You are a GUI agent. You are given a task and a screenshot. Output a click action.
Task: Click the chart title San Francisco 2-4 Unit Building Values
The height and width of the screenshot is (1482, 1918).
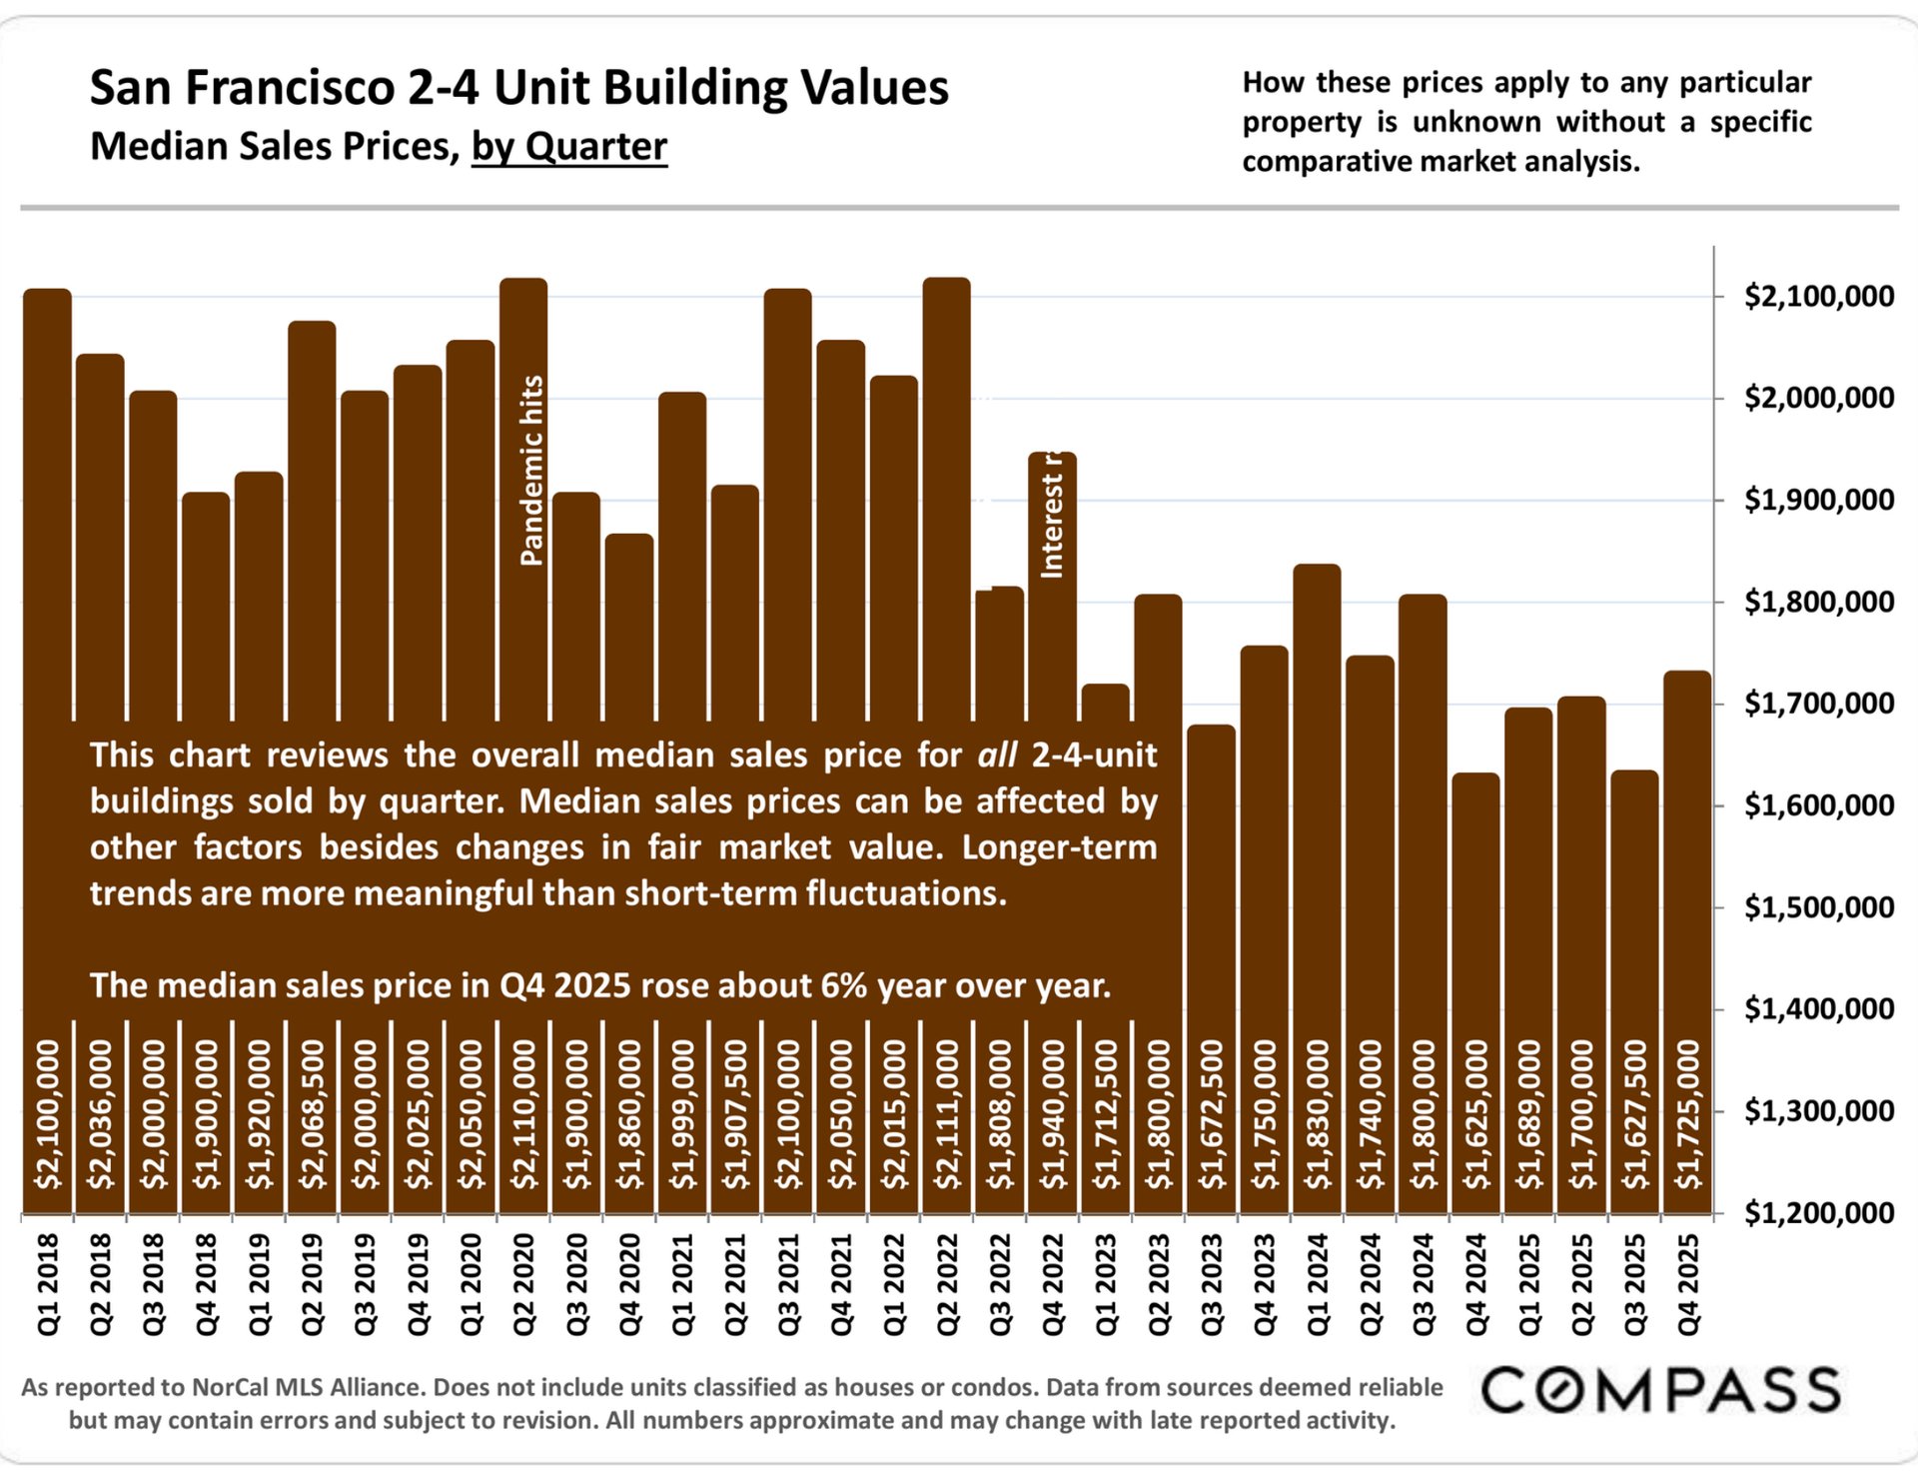pos(518,88)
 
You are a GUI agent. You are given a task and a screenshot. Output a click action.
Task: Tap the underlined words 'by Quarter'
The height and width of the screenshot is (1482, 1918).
pos(568,147)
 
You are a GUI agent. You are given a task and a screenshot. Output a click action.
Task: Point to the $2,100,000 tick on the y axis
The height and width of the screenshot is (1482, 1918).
pos(1818,296)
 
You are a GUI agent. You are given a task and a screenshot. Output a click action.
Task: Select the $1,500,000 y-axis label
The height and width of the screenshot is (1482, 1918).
pos(1818,907)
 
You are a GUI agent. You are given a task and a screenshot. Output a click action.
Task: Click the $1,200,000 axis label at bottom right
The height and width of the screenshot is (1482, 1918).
pos(1818,1213)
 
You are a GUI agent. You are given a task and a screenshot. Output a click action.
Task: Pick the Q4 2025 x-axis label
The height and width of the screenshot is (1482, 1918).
pos(1687,1284)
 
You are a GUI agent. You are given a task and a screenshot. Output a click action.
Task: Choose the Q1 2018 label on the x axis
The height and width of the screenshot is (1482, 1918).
pos(48,1284)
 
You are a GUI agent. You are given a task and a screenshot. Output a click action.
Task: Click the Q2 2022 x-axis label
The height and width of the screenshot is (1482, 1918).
pos(946,1284)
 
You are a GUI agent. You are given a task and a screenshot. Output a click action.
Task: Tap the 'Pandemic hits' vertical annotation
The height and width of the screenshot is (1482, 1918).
pos(532,471)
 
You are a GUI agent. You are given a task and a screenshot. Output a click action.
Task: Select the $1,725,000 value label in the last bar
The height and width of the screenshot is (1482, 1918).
pos(1687,1114)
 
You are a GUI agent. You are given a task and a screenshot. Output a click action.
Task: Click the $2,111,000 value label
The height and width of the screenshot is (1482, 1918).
pos(946,1114)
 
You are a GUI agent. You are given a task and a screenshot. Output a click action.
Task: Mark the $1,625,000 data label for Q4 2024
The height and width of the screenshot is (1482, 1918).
pos(1475,1114)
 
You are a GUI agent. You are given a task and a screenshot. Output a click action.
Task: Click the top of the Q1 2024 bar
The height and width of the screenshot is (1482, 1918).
pos(1317,568)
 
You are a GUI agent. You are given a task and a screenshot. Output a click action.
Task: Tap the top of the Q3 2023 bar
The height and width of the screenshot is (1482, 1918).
pos(1211,728)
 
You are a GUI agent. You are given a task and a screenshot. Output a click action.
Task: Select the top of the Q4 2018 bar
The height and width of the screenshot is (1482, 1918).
pos(206,495)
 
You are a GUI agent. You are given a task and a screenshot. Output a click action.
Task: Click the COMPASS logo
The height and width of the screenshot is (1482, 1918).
pos(1660,1390)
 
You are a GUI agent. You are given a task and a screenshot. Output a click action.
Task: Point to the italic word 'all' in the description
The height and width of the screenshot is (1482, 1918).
pos(996,755)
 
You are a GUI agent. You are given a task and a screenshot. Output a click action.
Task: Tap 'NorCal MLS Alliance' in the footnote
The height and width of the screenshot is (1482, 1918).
pos(308,1387)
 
